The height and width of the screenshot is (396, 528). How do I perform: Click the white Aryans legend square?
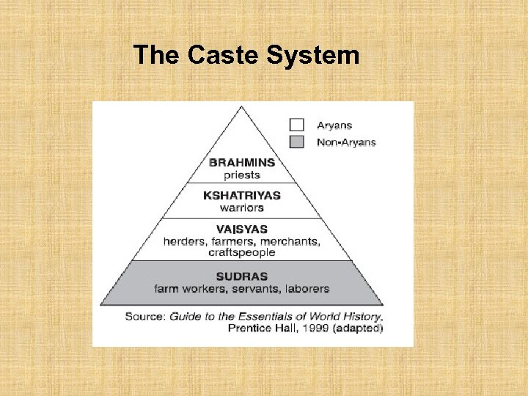(x=296, y=125)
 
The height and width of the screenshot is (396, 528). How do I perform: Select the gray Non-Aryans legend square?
(x=296, y=142)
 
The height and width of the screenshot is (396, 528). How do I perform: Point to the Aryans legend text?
(x=334, y=125)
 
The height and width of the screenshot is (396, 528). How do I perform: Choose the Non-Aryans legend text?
(x=346, y=142)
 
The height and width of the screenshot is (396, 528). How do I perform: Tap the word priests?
(x=241, y=175)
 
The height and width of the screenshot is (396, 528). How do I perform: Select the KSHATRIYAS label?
(x=241, y=195)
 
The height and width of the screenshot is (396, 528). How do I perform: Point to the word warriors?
(x=241, y=207)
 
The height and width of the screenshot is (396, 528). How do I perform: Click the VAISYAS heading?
(x=241, y=229)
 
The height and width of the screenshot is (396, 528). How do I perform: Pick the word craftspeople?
(x=241, y=252)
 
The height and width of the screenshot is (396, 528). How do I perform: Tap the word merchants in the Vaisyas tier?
(x=290, y=241)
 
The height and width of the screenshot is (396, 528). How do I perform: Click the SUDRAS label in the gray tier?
(x=241, y=276)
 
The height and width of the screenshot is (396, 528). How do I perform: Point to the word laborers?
(x=304, y=288)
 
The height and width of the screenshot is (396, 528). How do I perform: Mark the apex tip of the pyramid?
(x=241, y=106)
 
